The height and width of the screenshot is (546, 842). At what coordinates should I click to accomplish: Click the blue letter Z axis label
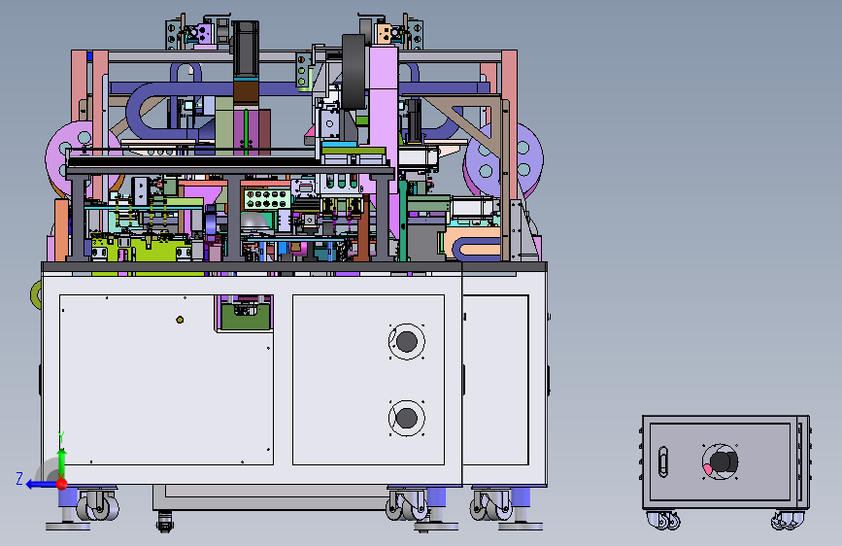(x=19, y=478)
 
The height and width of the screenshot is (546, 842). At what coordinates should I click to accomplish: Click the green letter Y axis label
(x=62, y=436)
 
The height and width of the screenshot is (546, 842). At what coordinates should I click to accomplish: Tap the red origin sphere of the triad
(x=62, y=484)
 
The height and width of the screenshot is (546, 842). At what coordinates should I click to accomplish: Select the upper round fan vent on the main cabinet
(x=407, y=341)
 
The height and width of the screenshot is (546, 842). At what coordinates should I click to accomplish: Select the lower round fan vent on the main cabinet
(x=407, y=418)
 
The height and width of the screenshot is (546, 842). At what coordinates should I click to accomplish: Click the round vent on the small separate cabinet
(x=720, y=461)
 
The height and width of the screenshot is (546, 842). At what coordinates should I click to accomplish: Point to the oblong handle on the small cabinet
(x=663, y=461)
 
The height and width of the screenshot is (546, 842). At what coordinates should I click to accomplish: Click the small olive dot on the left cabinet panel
(x=180, y=320)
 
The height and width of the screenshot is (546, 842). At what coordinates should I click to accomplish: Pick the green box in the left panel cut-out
(x=246, y=317)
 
